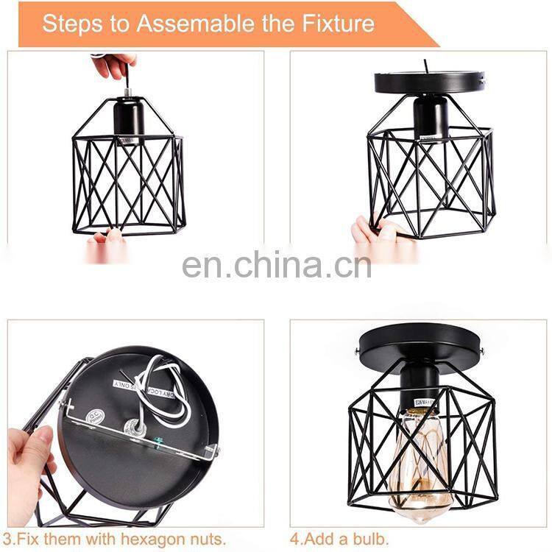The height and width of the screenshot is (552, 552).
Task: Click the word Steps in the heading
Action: (x=71, y=24)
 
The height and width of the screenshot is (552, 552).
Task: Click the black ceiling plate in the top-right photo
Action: (x=429, y=81)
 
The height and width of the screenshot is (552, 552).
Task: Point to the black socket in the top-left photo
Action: (x=129, y=118)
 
